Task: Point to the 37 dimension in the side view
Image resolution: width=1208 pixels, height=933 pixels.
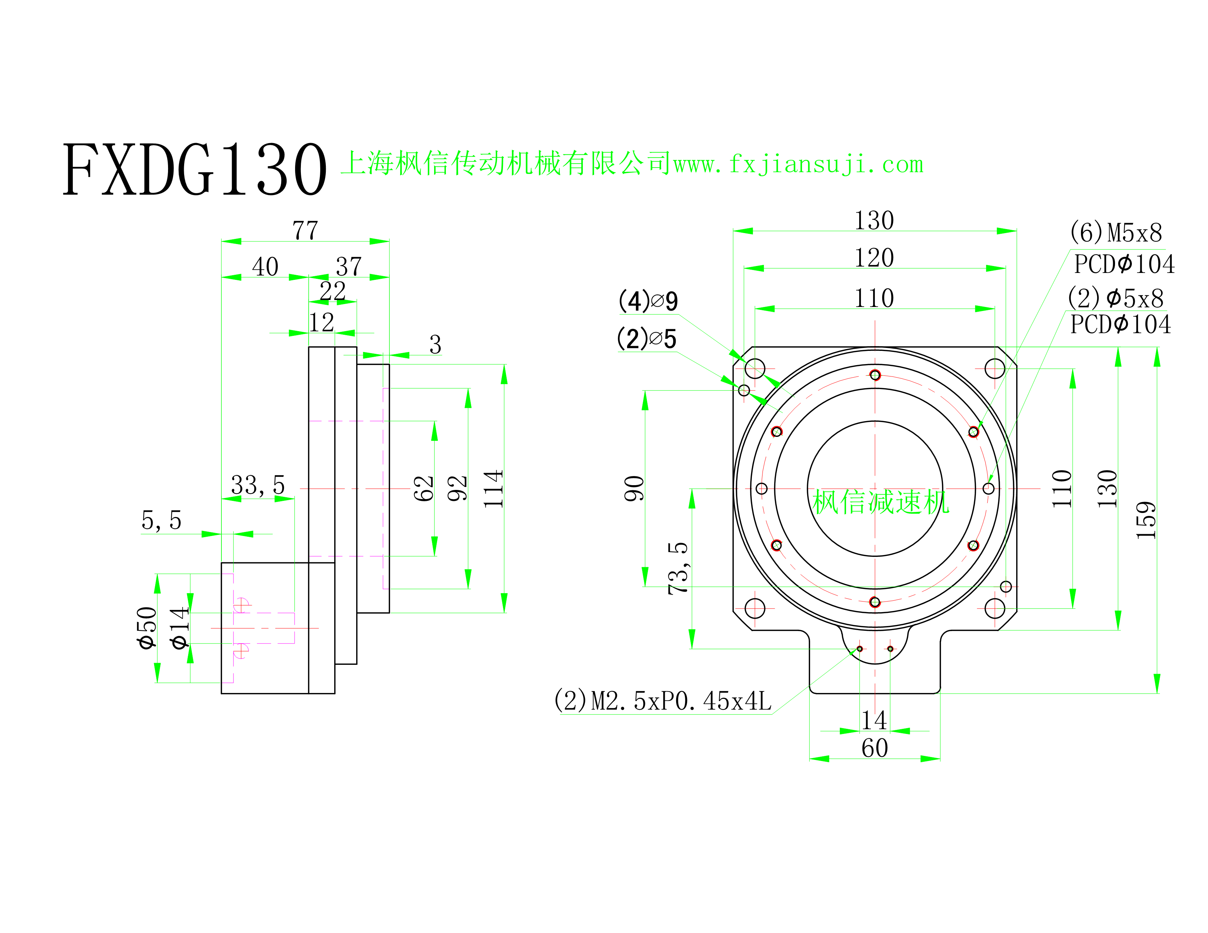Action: [348, 267]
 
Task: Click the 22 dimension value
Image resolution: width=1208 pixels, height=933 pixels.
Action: [332, 291]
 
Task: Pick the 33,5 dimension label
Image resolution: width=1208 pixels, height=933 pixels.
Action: [258, 485]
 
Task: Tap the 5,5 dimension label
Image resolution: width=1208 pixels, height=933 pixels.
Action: [161, 520]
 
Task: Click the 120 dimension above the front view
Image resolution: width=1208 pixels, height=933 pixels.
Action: [874, 258]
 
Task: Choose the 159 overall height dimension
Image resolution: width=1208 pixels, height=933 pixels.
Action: [1146, 520]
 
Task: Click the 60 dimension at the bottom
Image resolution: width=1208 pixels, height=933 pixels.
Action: [875, 748]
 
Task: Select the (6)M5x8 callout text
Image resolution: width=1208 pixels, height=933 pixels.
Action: [1116, 233]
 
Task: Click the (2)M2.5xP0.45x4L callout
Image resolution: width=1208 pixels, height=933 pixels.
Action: [663, 701]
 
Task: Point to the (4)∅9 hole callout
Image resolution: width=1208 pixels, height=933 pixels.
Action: [648, 301]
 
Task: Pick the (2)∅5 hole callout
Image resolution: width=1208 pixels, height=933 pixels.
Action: [646, 339]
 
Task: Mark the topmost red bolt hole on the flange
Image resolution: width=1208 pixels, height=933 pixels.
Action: [875, 375]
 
